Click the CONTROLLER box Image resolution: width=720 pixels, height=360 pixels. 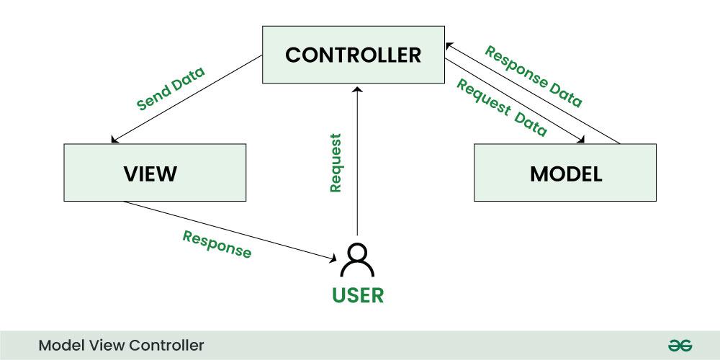(x=353, y=55)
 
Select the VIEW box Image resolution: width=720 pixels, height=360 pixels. (x=155, y=173)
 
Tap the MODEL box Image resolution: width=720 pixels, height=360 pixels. (x=565, y=173)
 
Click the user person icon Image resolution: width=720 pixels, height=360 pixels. (x=357, y=261)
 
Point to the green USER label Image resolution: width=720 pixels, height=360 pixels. (x=358, y=294)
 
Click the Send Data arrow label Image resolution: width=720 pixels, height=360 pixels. (x=171, y=88)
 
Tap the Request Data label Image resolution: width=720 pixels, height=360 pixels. (x=502, y=109)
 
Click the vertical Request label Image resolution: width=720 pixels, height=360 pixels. (x=335, y=162)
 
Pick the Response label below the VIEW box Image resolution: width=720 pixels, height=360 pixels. (x=217, y=245)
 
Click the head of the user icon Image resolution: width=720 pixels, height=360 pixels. (x=357, y=252)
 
